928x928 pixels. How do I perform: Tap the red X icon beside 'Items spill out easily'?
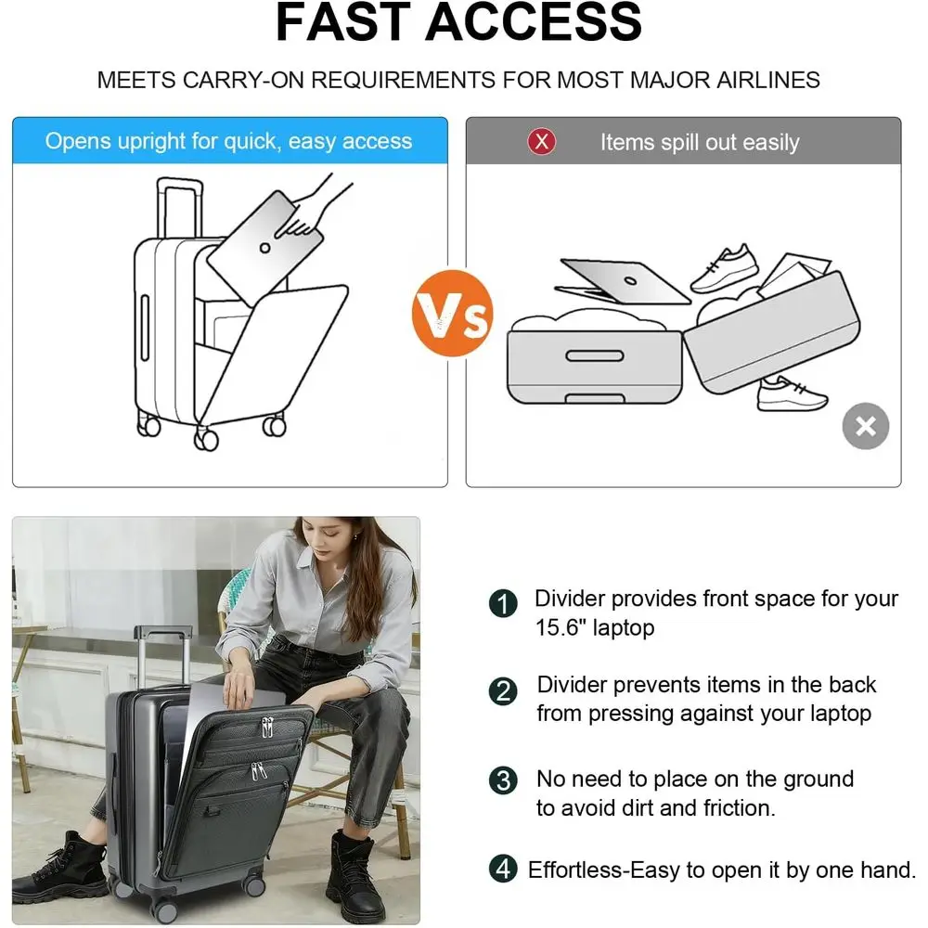pos(541,142)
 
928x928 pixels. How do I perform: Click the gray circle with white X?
pos(865,426)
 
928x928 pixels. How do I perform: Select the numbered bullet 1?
pos(503,604)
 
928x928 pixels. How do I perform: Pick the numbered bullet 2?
pos(503,690)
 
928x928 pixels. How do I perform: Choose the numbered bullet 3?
pos(503,780)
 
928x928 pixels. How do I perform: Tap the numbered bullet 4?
pos(503,870)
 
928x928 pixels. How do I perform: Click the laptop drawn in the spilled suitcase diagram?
pos(625,279)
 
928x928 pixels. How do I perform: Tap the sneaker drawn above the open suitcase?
pos(725,268)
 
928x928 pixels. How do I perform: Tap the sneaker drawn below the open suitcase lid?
pos(791,394)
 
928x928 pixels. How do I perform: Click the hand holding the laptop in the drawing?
pos(321,200)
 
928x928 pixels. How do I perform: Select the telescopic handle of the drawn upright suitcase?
pos(179,209)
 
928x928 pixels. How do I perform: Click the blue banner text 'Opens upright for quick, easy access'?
pos(228,141)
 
